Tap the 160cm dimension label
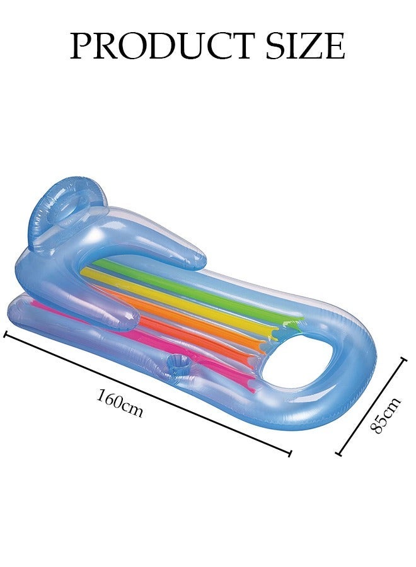pos(120,403)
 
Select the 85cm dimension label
pos(385,415)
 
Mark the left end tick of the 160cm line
pos(6,333)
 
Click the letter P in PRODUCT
pos(81,45)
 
